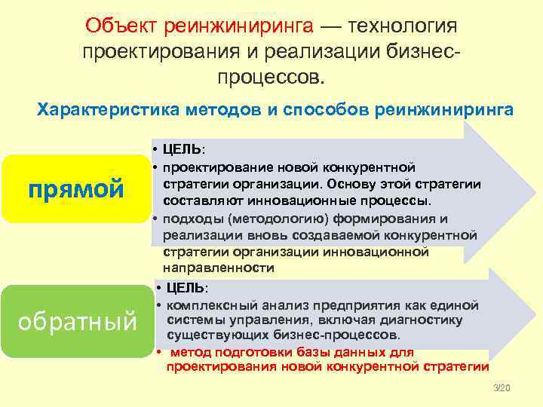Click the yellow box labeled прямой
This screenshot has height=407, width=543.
point(76,188)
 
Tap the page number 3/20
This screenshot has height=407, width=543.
point(502,387)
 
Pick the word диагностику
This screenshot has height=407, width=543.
point(426,320)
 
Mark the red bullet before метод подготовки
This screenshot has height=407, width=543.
point(159,352)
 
